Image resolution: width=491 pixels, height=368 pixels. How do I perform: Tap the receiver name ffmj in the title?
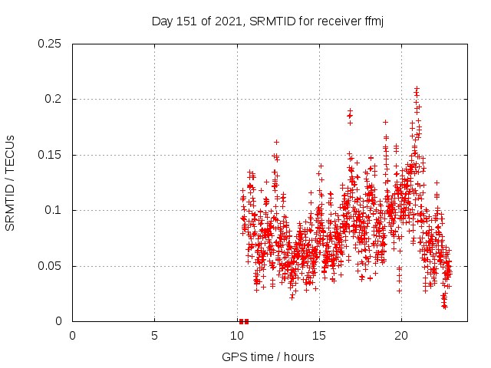coord(371,21)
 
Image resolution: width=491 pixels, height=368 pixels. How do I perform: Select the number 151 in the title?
coord(184,21)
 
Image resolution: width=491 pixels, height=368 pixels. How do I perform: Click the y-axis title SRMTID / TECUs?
coord(11,182)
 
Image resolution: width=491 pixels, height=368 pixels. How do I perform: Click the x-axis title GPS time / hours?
coord(268,356)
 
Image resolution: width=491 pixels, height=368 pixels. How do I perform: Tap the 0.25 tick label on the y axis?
coord(51,44)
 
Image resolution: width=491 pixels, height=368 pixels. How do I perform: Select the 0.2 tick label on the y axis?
coord(54,100)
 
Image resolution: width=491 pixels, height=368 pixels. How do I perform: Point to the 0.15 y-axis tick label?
coord(51,155)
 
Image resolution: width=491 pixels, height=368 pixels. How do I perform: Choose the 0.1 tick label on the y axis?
coord(54,211)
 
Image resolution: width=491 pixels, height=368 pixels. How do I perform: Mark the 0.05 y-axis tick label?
coord(51,266)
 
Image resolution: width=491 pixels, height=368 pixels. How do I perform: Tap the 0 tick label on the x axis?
coord(72,336)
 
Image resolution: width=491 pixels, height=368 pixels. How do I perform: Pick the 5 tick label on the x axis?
coord(154,336)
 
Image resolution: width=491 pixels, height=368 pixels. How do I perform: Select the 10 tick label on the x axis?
coord(236,336)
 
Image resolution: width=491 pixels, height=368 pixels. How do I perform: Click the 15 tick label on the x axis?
coord(318,336)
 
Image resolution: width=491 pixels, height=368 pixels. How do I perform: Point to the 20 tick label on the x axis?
coord(400,336)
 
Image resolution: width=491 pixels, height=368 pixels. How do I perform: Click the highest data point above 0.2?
coord(417,88)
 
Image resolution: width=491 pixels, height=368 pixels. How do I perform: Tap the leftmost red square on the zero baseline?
coord(241,321)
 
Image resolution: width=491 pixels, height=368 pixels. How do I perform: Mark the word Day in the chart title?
coord(162,21)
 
